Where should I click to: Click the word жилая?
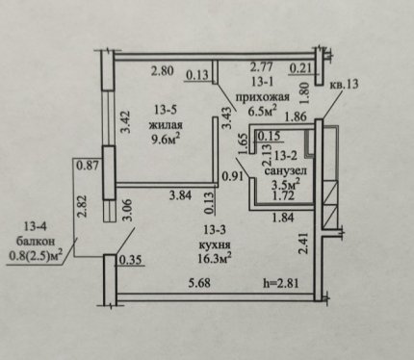pyautogui.click(x=166, y=125)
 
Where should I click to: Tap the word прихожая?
pyautogui.click(x=263, y=97)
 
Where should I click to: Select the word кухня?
pyautogui.click(x=215, y=244)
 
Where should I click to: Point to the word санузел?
pyautogui.click(x=285, y=170)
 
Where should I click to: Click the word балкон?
pyautogui.click(x=36, y=241)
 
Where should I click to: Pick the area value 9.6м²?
pyautogui.click(x=166, y=140)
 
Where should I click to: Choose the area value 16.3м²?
pyautogui.click(x=215, y=259)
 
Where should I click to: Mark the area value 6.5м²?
pyautogui.click(x=263, y=111)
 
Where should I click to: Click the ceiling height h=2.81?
pyautogui.click(x=281, y=283)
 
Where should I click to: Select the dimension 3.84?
pyautogui.click(x=181, y=195)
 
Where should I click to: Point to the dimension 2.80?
pyautogui.click(x=163, y=70)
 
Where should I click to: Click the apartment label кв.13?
pyautogui.click(x=345, y=85)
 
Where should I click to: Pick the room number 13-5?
pyautogui.click(x=166, y=110)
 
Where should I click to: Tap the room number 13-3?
pyautogui.click(x=215, y=230)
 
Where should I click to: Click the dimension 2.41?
pyautogui.click(x=303, y=244)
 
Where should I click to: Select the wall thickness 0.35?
pyautogui.click(x=130, y=260)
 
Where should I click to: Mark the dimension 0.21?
pyautogui.click(x=301, y=68)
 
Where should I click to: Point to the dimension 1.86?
pyautogui.click(x=296, y=117)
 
